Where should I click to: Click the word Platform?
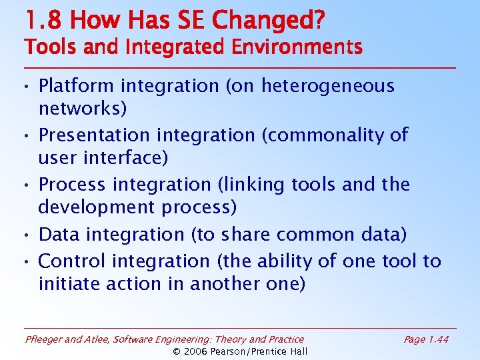pos(71,86)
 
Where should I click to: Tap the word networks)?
pos(82,109)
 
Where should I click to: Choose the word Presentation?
pos(94,135)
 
